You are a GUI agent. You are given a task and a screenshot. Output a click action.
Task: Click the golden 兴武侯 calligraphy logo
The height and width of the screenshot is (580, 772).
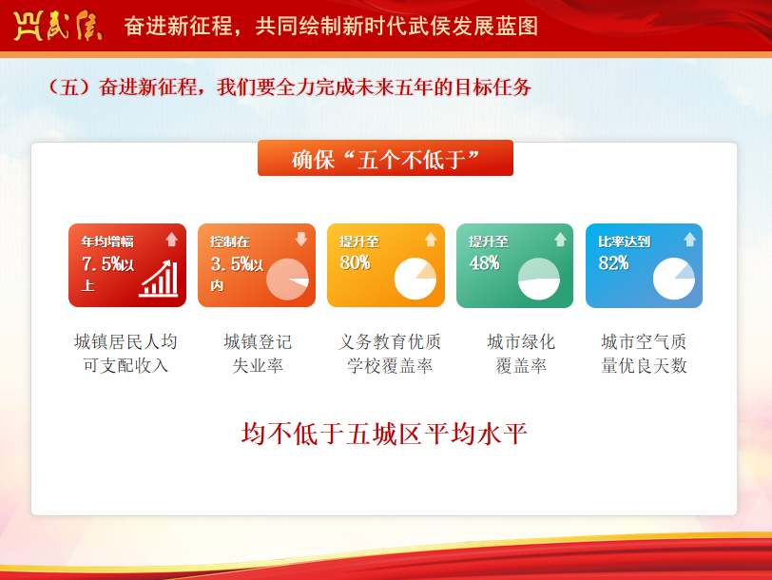[x=58, y=26]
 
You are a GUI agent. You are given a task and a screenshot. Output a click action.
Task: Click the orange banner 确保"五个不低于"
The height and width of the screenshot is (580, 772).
[x=385, y=158]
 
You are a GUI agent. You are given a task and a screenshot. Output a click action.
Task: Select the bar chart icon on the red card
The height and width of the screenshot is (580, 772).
[x=159, y=279]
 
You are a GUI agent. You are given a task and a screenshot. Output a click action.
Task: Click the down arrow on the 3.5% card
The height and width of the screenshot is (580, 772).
[x=300, y=239]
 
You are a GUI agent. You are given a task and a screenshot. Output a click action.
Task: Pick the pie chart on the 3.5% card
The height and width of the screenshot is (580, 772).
[x=287, y=280]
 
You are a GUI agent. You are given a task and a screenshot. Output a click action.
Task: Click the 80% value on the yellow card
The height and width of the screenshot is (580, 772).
[x=355, y=262]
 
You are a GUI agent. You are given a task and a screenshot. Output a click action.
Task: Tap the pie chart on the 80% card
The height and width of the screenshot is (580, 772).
[x=415, y=279]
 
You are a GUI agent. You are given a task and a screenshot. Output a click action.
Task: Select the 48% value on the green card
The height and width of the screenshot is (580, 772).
[x=484, y=263]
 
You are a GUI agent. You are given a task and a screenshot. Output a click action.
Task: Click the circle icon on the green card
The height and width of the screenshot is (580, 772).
[x=539, y=279]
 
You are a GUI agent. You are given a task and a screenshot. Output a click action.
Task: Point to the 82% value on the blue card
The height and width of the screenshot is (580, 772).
[x=613, y=263]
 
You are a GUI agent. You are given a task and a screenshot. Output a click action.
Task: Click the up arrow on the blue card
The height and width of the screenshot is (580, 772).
[x=689, y=240]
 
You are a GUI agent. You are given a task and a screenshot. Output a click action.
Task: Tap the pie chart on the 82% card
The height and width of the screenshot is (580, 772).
[x=673, y=279]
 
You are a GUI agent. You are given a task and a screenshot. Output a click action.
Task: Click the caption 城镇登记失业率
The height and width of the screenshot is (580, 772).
[x=258, y=354]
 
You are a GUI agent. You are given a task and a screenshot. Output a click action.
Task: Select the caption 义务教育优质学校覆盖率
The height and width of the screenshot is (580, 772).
[x=390, y=354]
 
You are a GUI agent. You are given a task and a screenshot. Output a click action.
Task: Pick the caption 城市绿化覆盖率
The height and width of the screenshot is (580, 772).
[x=521, y=354]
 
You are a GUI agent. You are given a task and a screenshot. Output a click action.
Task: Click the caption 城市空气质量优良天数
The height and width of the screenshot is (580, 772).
[x=644, y=354]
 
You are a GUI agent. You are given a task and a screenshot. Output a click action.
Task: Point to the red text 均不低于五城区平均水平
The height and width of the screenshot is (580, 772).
[x=384, y=434]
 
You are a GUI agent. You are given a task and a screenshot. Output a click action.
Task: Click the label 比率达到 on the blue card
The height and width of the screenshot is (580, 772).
[x=625, y=242]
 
